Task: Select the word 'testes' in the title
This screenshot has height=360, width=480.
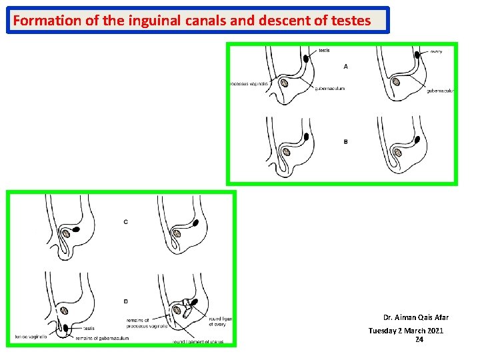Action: coord(351,21)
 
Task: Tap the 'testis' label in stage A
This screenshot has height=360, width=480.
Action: coord(324,51)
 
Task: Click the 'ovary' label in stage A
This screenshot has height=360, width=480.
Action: coord(436,51)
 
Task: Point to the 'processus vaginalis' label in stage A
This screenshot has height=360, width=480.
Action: coord(249,84)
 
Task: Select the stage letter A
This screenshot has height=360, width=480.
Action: coord(345,67)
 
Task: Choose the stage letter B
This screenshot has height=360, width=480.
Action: coord(345,141)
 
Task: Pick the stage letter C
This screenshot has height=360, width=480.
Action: coord(126,221)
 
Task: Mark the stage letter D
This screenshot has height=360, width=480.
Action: coord(126,301)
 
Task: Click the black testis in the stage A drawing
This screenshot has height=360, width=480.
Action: coord(306,59)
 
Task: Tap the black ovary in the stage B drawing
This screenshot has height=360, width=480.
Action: coord(417,141)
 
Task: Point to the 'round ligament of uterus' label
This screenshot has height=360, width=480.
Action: coord(198,342)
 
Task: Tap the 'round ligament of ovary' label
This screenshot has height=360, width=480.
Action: coord(220,322)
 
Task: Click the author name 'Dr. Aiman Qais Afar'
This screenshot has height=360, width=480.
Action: coord(415,317)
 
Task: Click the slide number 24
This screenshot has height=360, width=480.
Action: coord(419,340)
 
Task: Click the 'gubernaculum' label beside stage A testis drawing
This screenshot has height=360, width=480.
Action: coord(329,89)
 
